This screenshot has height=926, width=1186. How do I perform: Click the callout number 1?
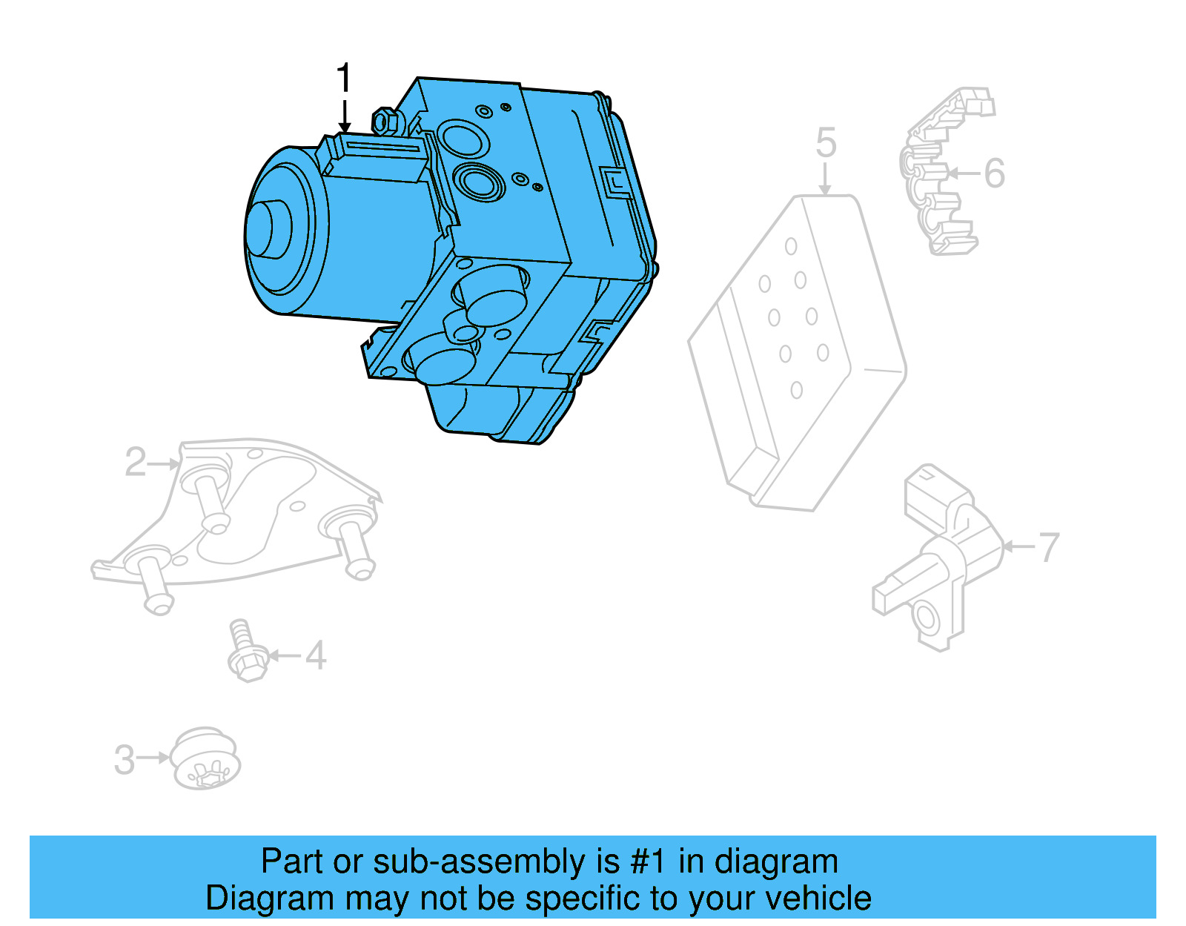tap(342, 78)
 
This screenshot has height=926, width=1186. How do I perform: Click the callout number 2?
tap(135, 463)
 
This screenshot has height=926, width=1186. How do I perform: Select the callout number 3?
tap(125, 759)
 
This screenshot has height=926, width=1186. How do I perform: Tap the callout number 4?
tap(316, 656)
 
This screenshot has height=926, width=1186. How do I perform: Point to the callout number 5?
tap(826, 143)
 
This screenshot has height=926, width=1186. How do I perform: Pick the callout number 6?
tap(994, 173)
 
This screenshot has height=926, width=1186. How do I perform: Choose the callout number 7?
tap(1048, 548)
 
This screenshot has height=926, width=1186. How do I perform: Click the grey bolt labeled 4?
tap(245, 652)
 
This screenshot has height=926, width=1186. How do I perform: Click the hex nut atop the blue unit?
tap(384, 121)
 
